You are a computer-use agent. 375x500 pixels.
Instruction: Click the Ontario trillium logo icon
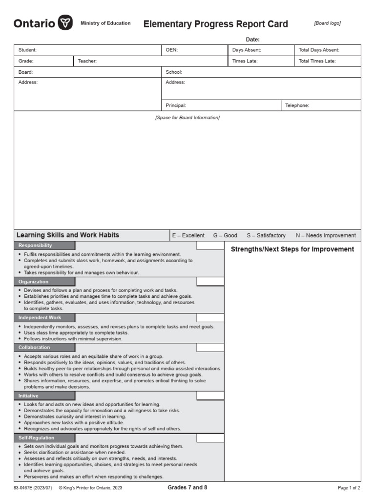tap(65, 23)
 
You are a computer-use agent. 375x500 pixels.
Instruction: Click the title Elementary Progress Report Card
tap(215, 24)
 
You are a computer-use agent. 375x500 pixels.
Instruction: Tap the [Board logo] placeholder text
tap(327, 23)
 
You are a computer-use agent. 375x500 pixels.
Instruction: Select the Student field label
tap(27, 50)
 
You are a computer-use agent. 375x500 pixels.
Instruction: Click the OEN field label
tap(171, 50)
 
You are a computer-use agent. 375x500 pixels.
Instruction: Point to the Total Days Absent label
tap(319, 50)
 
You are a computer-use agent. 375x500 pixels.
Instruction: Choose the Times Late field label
tap(245, 61)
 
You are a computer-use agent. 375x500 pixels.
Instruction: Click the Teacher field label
tap(87, 61)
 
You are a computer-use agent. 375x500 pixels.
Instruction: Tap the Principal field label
tap(176, 105)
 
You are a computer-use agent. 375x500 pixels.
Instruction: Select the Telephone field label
tap(297, 105)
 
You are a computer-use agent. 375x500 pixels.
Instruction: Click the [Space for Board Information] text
tap(187, 118)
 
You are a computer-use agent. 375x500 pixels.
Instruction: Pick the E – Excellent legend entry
tap(188, 235)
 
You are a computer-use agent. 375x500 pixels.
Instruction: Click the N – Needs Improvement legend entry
tap(326, 235)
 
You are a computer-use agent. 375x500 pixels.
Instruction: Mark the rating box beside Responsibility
tap(210, 246)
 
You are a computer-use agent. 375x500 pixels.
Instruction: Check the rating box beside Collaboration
tap(210, 348)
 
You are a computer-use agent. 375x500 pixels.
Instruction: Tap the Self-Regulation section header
tap(37, 438)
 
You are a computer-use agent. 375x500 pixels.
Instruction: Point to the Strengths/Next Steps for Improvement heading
tap(292, 250)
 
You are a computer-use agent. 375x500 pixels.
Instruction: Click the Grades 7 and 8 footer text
tap(187, 487)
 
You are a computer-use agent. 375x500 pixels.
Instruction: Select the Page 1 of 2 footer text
tap(349, 488)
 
